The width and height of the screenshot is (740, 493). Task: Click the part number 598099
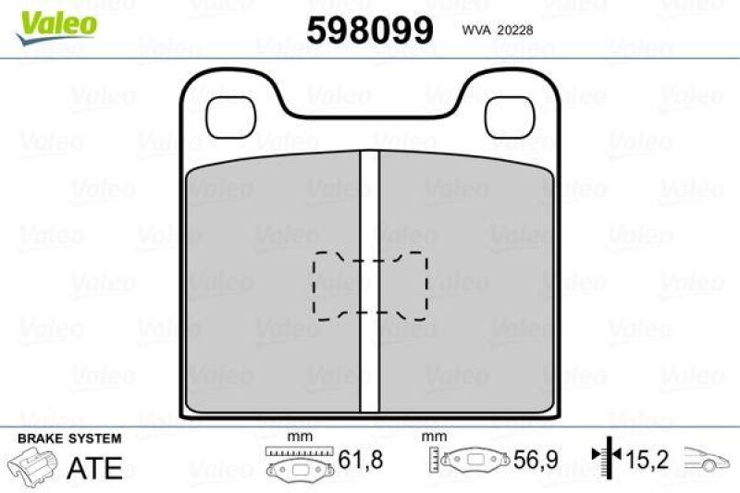point(370,31)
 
